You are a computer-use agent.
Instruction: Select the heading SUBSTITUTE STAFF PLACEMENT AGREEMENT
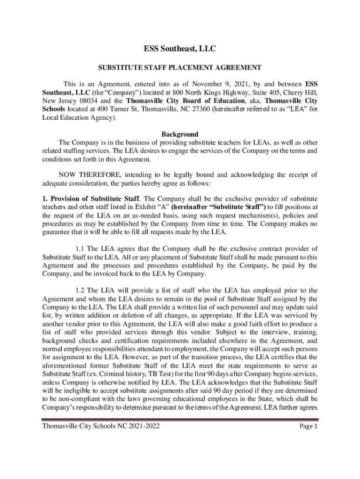click(180, 68)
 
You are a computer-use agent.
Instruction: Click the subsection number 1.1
click(80, 248)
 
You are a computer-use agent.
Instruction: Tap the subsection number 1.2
click(80, 290)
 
